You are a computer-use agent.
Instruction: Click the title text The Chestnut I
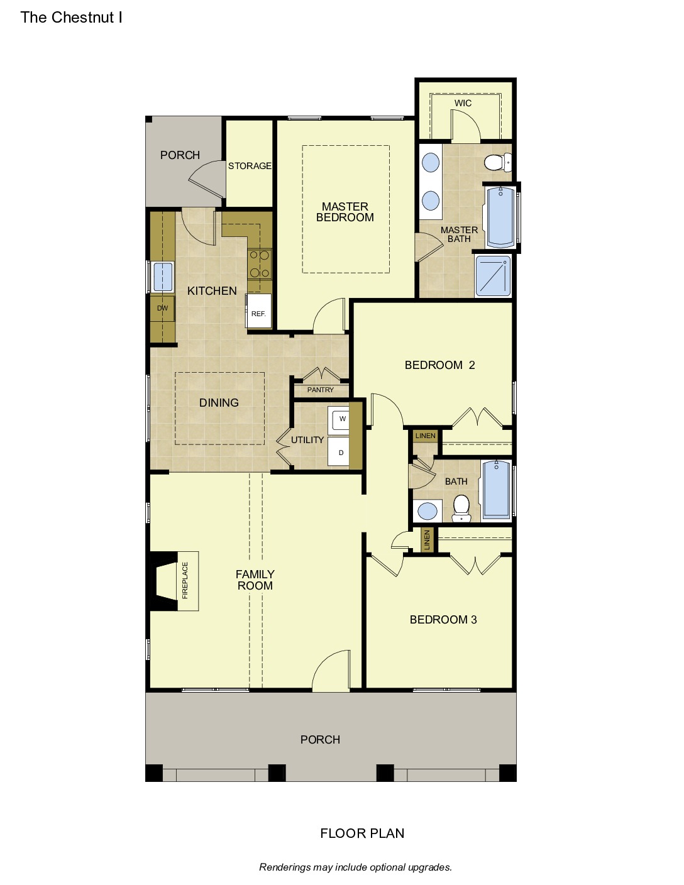point(71,18)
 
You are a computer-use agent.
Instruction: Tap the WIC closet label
point(463,103)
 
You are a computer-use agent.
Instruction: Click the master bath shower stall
point(493,276)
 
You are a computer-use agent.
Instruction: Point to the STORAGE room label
point(250,166)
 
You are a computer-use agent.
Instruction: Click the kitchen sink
point(162,277)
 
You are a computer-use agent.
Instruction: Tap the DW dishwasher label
point(163,308)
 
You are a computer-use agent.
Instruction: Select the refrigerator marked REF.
point(258,311)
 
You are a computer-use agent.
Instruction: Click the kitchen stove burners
point(260,265)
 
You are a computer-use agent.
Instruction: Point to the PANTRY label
point(320,390)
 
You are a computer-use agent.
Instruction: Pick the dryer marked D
point(339,451)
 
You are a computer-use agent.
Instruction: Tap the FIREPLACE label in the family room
point(185,580)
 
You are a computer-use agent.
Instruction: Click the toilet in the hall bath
point(461,508)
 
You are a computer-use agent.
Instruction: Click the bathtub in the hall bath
point(496,490)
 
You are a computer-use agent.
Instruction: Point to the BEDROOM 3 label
point(443,620)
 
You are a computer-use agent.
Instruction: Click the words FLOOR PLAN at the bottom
point(362,833)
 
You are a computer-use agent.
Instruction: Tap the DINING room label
point(219,402)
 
